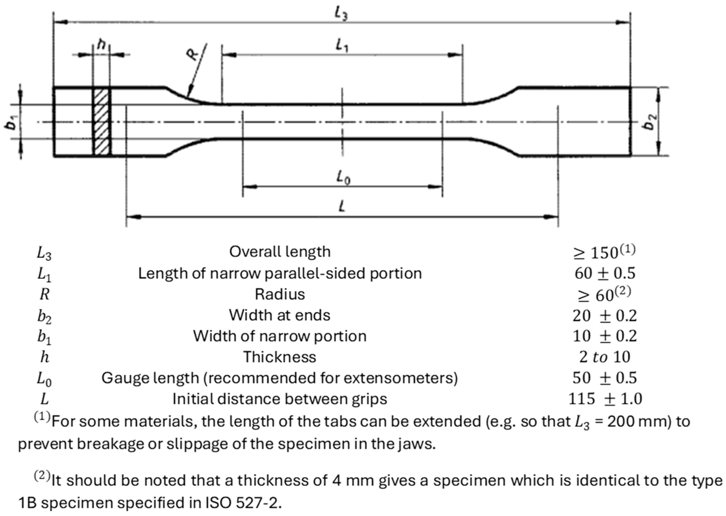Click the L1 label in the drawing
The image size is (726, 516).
click(342, 46)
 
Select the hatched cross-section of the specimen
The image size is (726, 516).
click(102, 122)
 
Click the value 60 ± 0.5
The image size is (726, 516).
click(605, 273)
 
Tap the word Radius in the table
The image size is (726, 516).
click(280, 294)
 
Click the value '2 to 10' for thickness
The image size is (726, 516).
click(605, 357)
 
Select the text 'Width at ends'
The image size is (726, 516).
click(280, 315)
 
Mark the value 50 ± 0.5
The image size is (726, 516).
click(605, 378)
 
